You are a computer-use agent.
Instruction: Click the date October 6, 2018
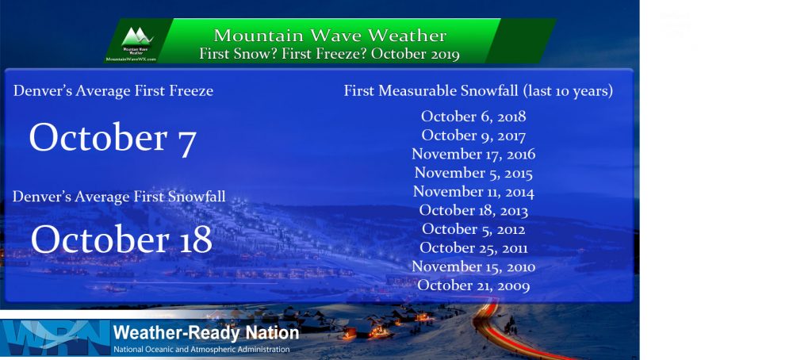click(473, 117)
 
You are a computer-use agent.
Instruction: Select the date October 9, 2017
click(473, 136)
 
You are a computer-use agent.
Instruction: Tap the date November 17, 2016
click(473, 155)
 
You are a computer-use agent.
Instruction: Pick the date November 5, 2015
click(473, 173)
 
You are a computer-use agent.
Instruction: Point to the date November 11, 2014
click(473, 192)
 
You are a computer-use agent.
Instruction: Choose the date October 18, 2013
click(473, 210)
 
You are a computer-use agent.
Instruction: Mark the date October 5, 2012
click(473, 229)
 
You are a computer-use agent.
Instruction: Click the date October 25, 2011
click(473, 248)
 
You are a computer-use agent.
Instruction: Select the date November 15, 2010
click(473, 266)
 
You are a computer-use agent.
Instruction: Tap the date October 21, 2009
click(473, 285)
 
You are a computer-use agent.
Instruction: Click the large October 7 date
click(113, 139)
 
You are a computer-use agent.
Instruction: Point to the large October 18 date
click(121, 239)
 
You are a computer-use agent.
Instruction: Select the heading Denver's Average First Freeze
click(113, 91)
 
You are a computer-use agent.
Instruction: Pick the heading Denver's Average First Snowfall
click(119, 197)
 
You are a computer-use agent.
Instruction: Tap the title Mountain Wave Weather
click(330, 36)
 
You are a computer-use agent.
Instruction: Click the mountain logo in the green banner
click(136, 36)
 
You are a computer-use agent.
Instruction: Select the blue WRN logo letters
click(56, 337)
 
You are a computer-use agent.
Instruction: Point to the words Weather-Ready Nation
click(205, 332)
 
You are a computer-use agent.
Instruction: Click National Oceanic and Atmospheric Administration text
click(201, 349)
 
